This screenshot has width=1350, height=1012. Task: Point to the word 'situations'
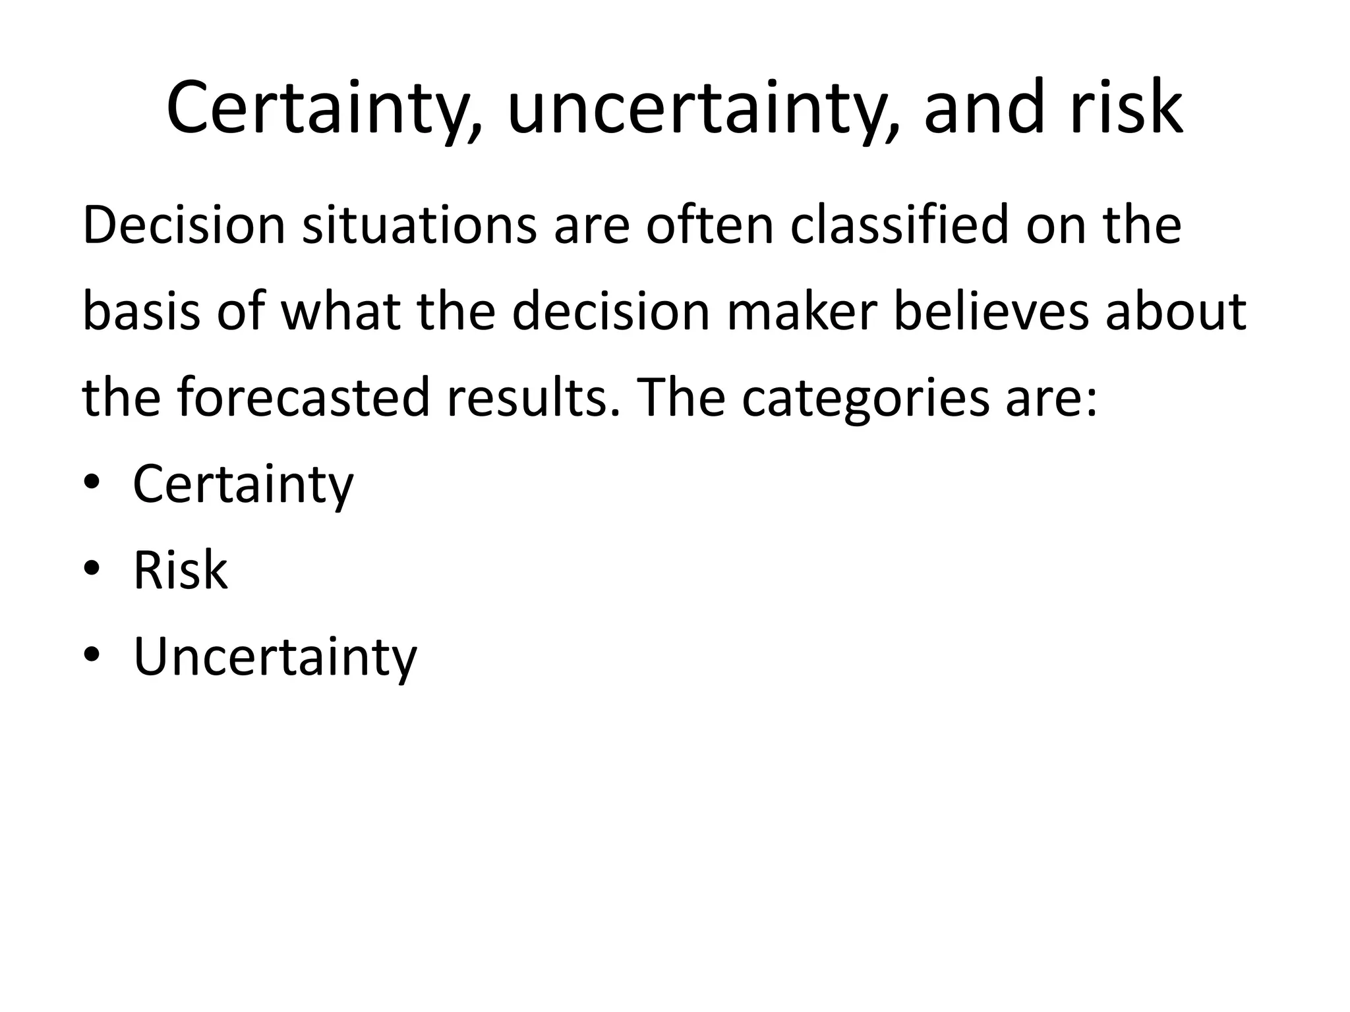point(419,226)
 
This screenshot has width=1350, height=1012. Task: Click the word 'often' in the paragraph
point(709,226)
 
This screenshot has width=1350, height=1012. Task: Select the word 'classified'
point(900,226)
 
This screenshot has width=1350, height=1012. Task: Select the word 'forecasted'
point(303,398)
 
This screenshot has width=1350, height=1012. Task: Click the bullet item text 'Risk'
point(180,571)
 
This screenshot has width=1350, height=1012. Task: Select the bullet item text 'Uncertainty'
point(275,657)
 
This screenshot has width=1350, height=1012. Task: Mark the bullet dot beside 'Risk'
point(92,568)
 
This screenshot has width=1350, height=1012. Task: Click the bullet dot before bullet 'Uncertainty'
point(92,654)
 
